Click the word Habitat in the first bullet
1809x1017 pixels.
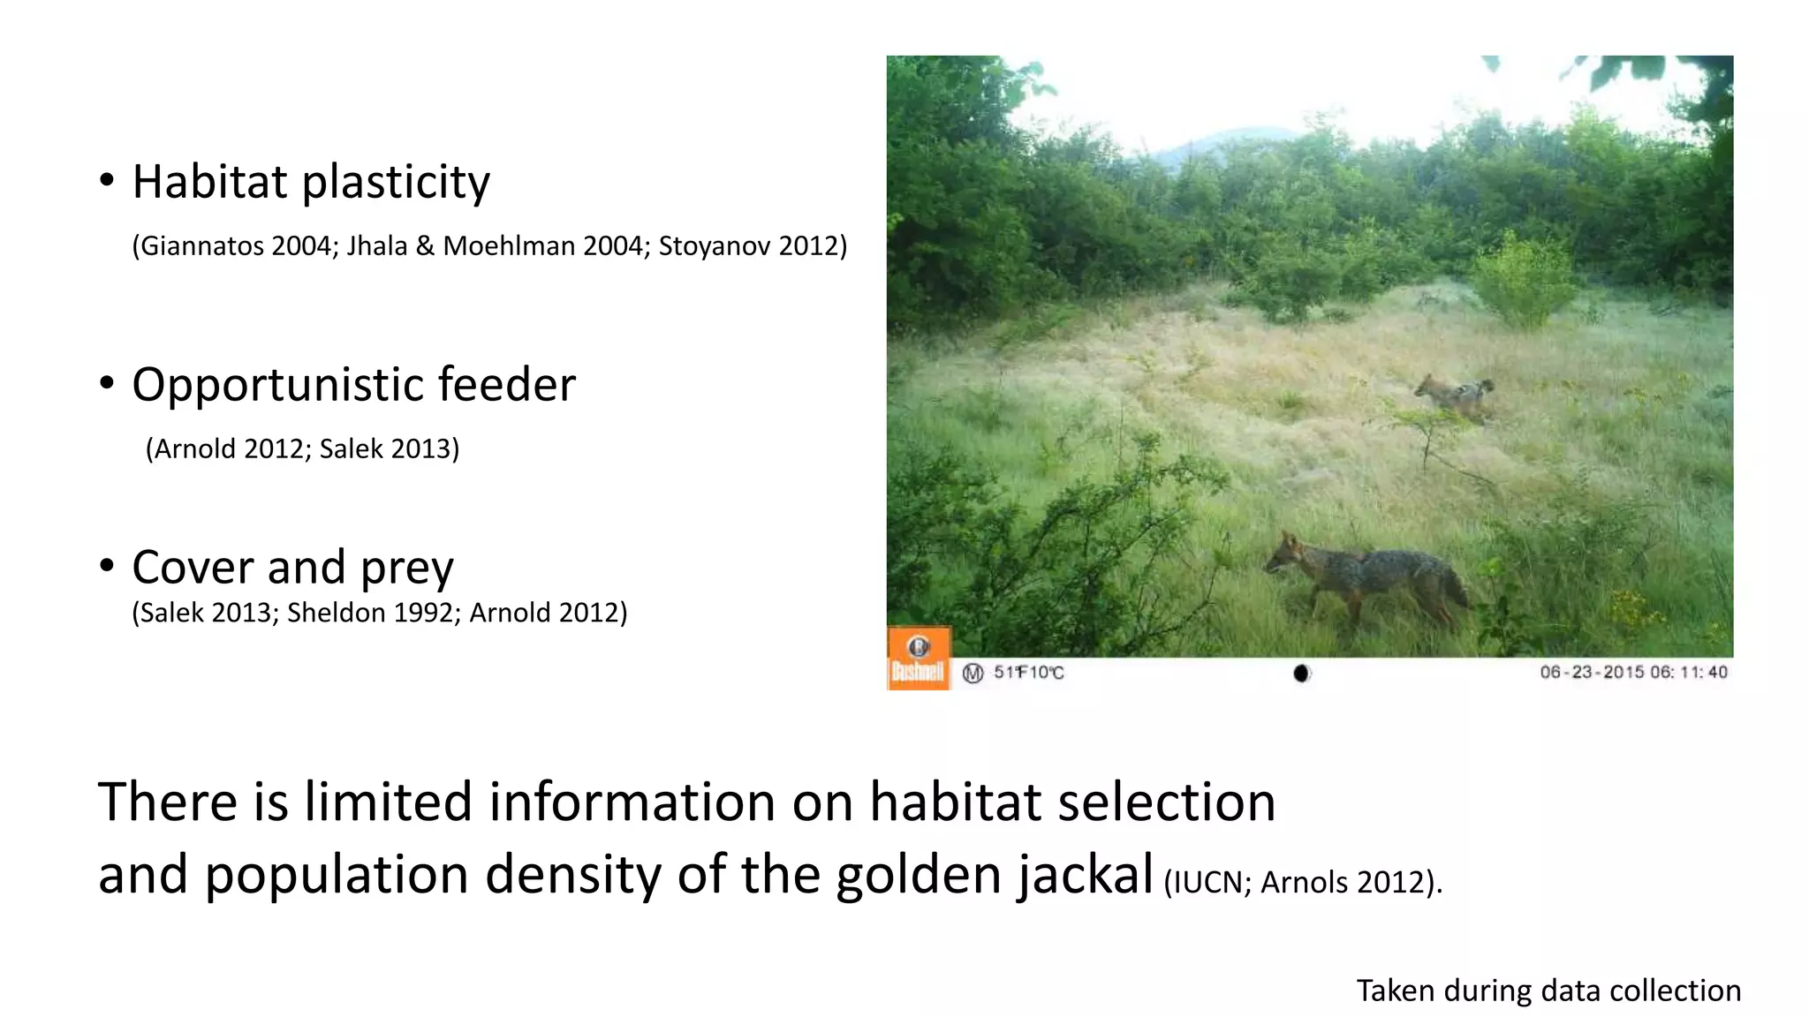pyautogui.click(x=209, y=182)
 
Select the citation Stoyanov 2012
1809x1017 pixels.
pyautogui.click(x=752, y=245)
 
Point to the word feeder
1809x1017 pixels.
pyautogui.click(x=506, y=385)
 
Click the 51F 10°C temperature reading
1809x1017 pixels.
pyautogui.click(x=1029, y=673)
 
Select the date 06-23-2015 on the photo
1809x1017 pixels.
pyautogui.click(x=1593, y=673)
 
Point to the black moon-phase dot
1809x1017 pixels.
pyautogui.click(x=1301, y=674)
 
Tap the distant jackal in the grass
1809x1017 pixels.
pyautogui.click(x=1455, y=395)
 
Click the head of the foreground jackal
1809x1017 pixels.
pyautogui.click(x=1285, y=554)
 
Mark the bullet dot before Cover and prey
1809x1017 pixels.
pyautogui.click(x=107, y=566)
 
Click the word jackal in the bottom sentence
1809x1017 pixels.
pyautogui.click(x=1085, y=874)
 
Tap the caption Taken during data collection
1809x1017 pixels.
pyautogui.click(x=1548, y=991)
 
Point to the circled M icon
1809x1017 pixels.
pyautogui.click(x=973, y=674)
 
